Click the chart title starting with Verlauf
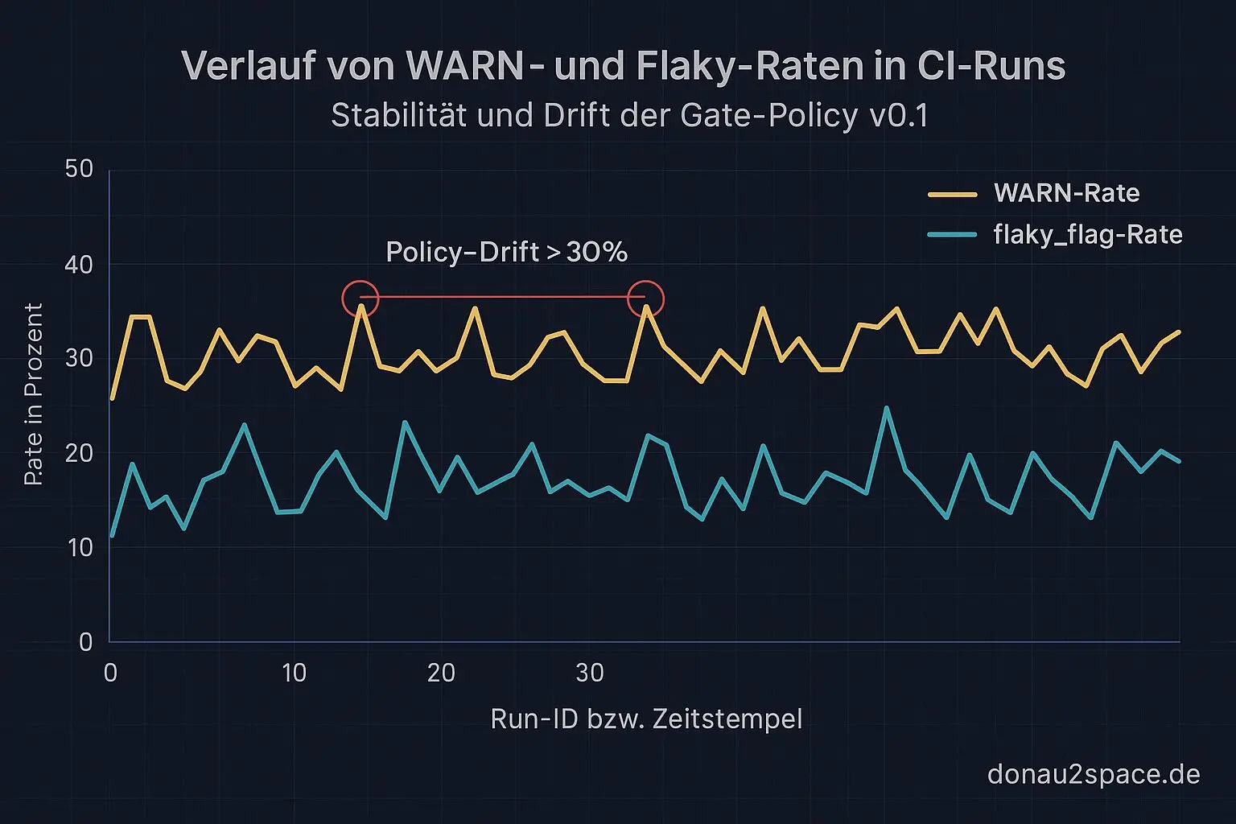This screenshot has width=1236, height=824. point(623,66)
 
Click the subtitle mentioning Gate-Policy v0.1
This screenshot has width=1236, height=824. point(629,116)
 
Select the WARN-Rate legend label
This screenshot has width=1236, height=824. point(1066,193)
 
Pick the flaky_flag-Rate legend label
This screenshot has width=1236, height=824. point(1088,235)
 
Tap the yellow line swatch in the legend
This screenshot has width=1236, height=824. point(952,195)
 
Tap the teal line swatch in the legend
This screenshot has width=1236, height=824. point(952,235)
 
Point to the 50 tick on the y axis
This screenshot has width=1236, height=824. point(79,170)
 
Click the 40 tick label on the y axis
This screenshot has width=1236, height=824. point(79,265)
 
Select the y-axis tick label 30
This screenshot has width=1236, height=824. point(79,358)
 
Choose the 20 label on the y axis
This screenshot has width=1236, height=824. point(79,453)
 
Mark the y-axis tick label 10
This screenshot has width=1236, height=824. point(79,548)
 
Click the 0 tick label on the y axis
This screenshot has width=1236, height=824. point(85,642)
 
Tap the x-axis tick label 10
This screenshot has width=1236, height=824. point(294,673)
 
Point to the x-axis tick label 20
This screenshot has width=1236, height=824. point(441,673)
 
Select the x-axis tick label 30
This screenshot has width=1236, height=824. point(590,673)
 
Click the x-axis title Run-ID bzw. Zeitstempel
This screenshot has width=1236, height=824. point(646,719)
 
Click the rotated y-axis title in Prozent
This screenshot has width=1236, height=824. point(33,394)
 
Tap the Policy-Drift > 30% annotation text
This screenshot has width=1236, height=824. point(506,252)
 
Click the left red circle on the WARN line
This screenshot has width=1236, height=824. point(360,299)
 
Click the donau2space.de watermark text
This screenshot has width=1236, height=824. point(1093,774)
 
